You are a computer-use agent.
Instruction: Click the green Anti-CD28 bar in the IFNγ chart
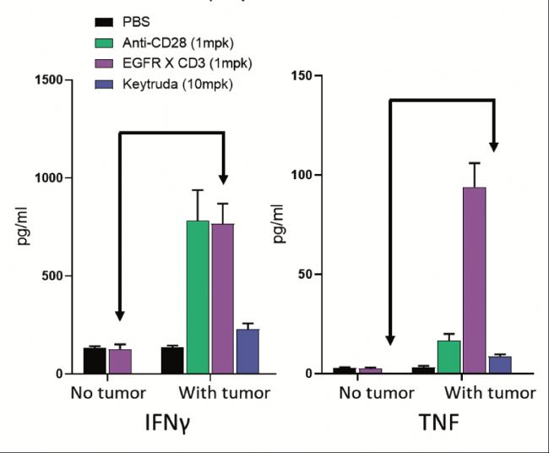coord(198,296)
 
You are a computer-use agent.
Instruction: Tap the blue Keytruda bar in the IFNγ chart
coord(247,351)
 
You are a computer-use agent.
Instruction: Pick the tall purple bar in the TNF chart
coord(474,280)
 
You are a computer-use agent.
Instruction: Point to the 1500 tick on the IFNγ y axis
coord(52,80)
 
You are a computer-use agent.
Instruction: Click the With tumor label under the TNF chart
coord(490,393)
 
